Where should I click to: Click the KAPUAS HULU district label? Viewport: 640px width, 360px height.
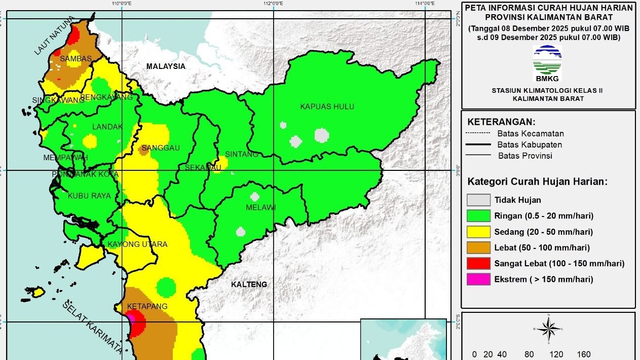point(327,106)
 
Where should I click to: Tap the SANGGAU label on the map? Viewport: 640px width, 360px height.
point(161,148)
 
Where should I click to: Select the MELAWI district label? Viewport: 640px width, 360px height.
point(260,207)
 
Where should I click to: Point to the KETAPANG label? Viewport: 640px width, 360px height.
point(147,307)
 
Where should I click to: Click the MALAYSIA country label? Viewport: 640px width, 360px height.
point(166,66)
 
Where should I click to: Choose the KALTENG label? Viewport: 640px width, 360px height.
point(249,284)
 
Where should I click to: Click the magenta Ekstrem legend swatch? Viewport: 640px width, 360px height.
point(478,279)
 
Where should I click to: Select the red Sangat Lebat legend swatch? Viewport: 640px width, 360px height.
point(478,264)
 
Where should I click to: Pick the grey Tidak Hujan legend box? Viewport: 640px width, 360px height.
point(478,200)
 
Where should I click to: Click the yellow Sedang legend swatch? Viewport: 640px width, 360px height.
point(478,232)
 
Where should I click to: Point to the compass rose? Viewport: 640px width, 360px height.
point(548,329)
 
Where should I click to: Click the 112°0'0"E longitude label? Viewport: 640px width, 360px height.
point(273,4)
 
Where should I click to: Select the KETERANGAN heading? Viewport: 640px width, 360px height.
point(501,122)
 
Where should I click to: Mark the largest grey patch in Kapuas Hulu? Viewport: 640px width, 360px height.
point(322,135)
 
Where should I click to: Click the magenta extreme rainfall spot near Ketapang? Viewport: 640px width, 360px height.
point(130,317)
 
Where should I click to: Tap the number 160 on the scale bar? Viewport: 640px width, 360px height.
point(583,354)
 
